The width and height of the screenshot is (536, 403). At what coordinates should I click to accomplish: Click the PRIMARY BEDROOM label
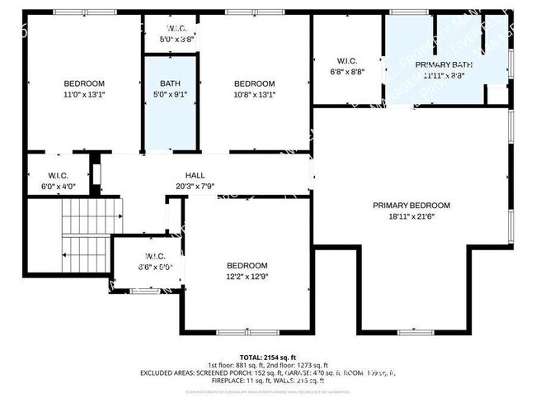(411, 206)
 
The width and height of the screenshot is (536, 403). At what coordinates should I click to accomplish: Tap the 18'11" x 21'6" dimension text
(411, 216)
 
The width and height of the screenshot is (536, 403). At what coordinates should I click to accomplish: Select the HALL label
(195, 175)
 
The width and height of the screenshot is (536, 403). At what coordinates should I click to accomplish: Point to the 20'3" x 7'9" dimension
(195, 185)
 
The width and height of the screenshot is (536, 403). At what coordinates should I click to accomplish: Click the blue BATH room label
(171, 83)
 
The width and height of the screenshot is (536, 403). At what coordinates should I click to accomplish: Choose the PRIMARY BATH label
(444, 64)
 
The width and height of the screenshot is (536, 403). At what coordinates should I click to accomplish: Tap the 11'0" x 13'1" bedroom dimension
(85, 94)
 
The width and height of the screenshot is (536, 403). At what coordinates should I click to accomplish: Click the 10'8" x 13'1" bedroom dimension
(254, 94)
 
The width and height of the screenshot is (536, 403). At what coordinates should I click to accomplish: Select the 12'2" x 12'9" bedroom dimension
(247, 275)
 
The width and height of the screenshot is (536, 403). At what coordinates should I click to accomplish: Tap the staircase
(86, 235)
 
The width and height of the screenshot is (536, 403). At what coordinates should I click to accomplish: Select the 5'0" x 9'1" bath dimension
(171, 93)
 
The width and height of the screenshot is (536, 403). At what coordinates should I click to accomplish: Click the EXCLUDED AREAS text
(178, 372)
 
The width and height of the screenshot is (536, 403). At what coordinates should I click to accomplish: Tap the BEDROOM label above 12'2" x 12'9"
(247, 265)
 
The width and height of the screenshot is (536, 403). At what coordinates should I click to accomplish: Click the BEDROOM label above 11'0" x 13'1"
(85, 83)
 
